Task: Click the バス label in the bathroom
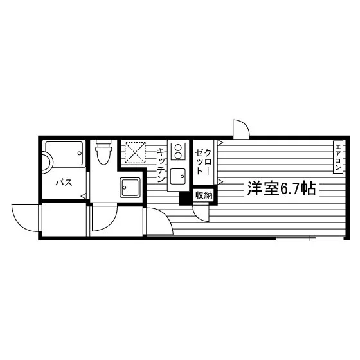pos(64,183)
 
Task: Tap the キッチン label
pos(161,165)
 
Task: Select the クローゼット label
pos(203,161)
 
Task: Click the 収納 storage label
pos(204,195)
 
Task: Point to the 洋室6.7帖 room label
pos(282,188)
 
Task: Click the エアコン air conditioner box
pos(338,157)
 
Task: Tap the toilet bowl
pos(104,154)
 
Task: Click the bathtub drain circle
pos(80,153)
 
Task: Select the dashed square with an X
pos(135,152)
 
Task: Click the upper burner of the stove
pos(178,147)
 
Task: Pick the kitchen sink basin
pos(178,176)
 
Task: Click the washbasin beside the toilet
pos(130,187)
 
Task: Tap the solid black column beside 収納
pos(186,199)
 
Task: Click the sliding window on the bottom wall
pos(309,239)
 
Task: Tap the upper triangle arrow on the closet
pos(220,143)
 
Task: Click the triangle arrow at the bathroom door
pos(84,196)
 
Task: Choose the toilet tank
pos(104,142)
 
